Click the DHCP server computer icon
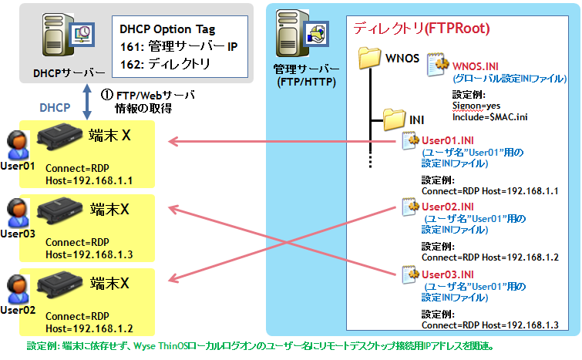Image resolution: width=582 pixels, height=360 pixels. pos(68,35)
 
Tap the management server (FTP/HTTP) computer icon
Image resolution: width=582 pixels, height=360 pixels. pos(301,33)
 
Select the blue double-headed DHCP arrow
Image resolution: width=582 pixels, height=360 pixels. pos(87,102)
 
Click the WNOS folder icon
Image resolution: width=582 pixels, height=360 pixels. pos(370,58)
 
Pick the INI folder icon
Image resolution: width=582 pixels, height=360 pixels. pos(394,119)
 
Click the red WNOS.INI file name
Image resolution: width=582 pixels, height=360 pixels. pos(475,66)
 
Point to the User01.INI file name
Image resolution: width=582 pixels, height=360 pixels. pos(447,140)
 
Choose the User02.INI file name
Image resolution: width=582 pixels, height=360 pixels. pos(447,207)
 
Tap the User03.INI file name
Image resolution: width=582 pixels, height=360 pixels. pos(447,274)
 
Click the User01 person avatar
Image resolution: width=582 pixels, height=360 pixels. pos(18,145)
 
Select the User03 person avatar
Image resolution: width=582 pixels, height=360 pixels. pos(18,213)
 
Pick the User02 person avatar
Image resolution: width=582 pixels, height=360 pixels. pos(18,289)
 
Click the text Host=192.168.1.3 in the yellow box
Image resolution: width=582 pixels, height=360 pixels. pos(89,254)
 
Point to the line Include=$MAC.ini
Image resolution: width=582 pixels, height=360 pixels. pos(489,117)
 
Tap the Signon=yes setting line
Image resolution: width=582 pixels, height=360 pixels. pos(476,106)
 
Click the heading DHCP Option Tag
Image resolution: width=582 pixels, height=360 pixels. pos(167,29)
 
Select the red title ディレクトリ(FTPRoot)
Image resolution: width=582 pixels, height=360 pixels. pos(422,29)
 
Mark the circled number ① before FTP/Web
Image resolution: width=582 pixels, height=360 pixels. pos(107,95)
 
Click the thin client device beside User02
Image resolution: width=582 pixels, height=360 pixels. pos(59,284)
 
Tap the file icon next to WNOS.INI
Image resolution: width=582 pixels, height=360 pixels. pos(436,65)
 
